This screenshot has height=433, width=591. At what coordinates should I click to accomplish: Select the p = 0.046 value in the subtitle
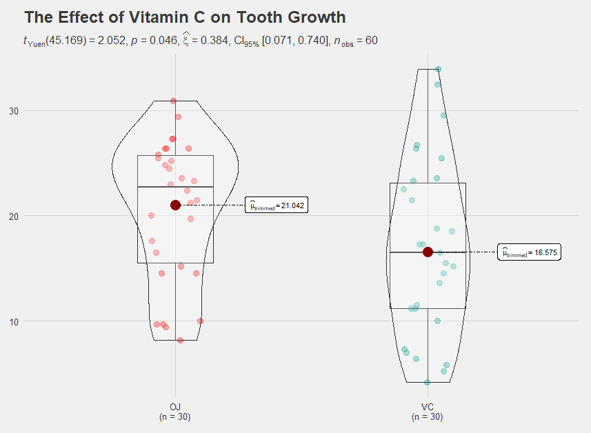click(x=154, y=41)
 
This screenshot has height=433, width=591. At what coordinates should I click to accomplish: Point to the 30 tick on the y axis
click(x=14, y=111)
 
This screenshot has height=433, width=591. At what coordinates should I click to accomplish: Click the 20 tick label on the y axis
click(x=14, y=216)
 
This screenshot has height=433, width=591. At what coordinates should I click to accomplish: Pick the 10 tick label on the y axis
click(x=14, y=321)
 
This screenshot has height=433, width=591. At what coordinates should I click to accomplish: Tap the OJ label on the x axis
click(x=174, y=407)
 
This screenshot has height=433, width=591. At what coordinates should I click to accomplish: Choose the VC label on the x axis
click(x=428, y=407)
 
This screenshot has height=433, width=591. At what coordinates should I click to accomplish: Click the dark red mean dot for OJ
click(x=175, y=205)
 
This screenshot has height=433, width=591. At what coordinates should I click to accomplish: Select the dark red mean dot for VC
click(x=428, y=252)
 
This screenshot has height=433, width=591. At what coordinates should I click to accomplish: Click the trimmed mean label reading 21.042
click(x=277, y=205)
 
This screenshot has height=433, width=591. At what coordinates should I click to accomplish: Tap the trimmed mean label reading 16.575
click(x=530, y=253)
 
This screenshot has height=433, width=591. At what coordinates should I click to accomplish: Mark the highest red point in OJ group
click(x=174, y=101)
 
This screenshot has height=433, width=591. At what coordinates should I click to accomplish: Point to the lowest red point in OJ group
click(x=180, y=340)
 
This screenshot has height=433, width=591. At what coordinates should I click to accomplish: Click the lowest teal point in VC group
click(x=427, y=382)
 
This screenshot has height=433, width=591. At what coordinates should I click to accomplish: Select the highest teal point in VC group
click(x=438, y=70)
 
